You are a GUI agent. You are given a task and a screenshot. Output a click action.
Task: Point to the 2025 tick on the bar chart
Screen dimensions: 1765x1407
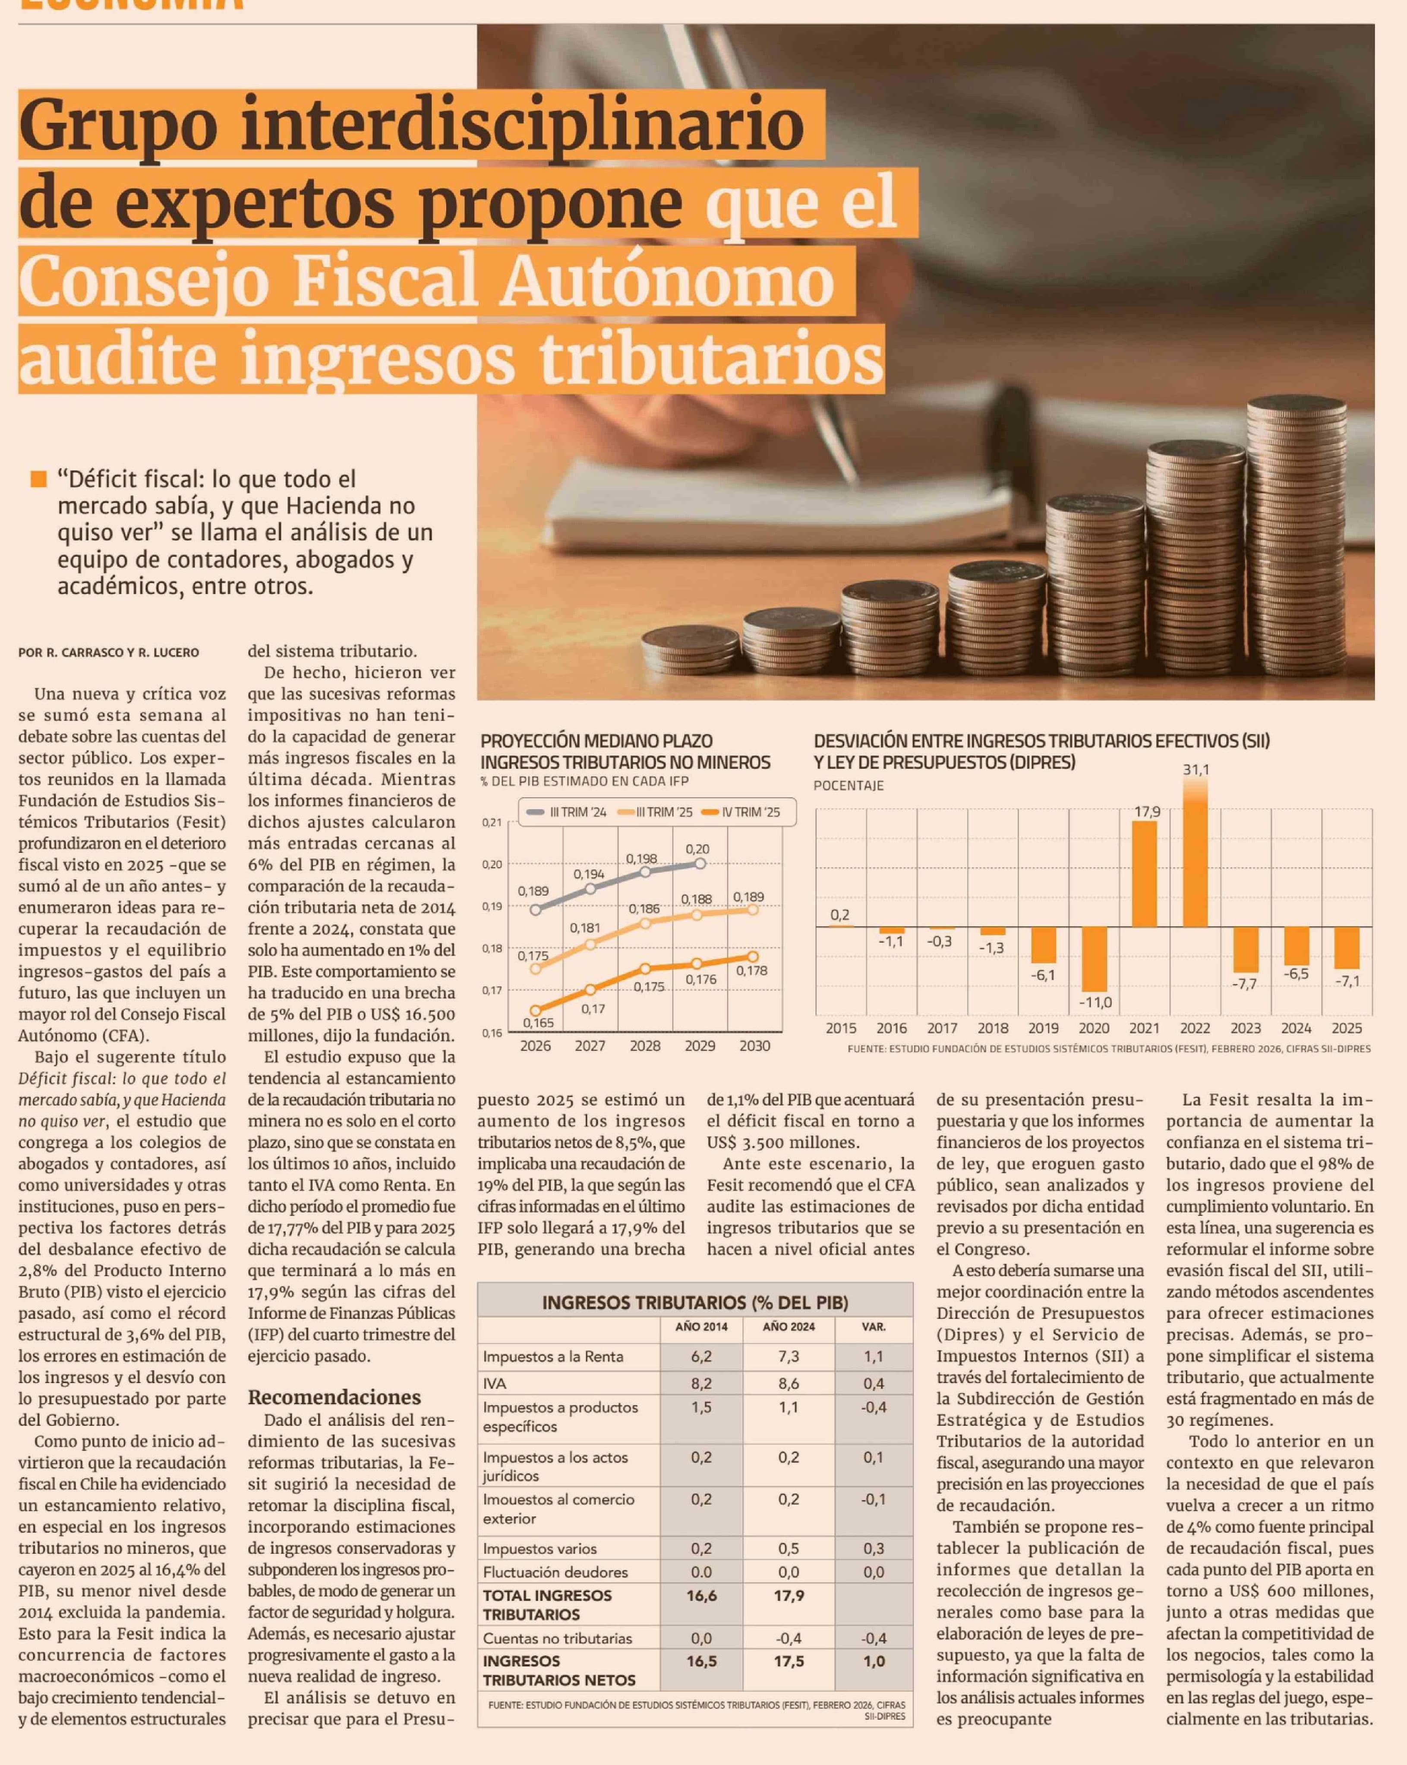click(1347, 1028)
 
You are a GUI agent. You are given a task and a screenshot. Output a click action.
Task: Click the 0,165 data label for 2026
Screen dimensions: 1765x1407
click(538, 1022)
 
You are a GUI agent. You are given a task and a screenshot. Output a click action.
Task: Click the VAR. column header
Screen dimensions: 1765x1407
click(874, 1326)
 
